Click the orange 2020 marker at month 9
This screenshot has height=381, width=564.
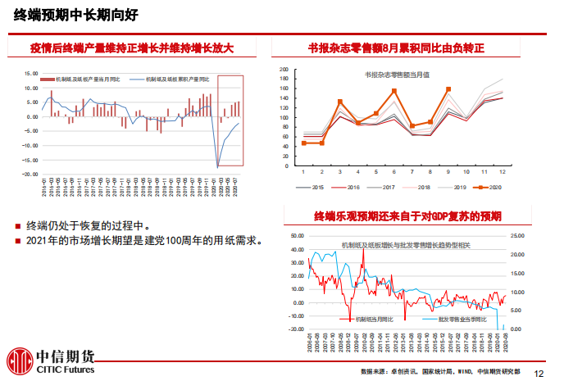pyautogui.click(x=448, y=89)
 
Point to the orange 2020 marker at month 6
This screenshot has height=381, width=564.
pyautogui.click(x=394, y=91)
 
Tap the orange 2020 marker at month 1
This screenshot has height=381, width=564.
pyautogui.click(x=303, y=143)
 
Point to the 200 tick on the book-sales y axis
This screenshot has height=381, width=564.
pyautogui.click(x=284, y=70)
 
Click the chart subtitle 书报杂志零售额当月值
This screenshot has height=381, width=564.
pyautogui.click(x=398, y=75)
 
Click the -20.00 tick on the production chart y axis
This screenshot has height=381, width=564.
pyautogui.click(x=31, y=175)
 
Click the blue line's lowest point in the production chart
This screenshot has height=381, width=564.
pyautogui.click(x=218, y=166)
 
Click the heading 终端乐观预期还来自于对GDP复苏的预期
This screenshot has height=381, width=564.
pyautogui.click(x=407, y=216)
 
